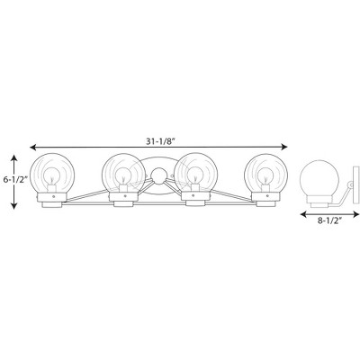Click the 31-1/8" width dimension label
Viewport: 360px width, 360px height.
pyautogui.click(x=160, y=141)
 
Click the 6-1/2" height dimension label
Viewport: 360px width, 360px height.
pyautogui.click(x=15, y=180)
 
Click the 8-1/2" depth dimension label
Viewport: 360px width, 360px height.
pyautogui.click(x=330, y=221)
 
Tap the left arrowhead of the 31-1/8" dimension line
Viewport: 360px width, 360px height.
pyautogui.click(x=33, y=147)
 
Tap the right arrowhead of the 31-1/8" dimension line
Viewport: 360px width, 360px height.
pyautogui.click(x=284, y=147)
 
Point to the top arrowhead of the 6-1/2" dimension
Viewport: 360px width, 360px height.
pyautogui.click(x=13, y=157)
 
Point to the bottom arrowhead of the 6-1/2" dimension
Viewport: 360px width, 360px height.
pyautogui.click(x=13, y=205)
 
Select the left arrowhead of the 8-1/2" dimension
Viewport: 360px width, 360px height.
pyautogui.click(x=303, y=214)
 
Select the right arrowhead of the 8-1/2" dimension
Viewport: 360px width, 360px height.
pyautogui.click(x=356, y=214)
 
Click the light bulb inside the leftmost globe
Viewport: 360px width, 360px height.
pyautogui.click(x=52, y=176)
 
